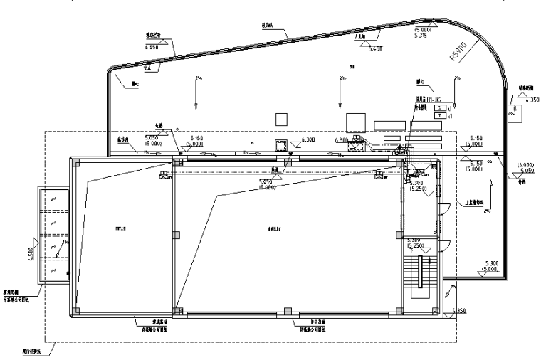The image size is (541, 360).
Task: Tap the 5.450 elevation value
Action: point(376,48)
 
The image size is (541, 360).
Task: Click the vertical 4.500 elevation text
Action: point(30,253)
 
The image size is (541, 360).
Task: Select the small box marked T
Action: point(440,115)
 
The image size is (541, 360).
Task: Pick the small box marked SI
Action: point(440,107)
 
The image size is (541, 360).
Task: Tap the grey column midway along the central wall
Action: point(175,235)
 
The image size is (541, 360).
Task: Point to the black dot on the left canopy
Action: point(68,273)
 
